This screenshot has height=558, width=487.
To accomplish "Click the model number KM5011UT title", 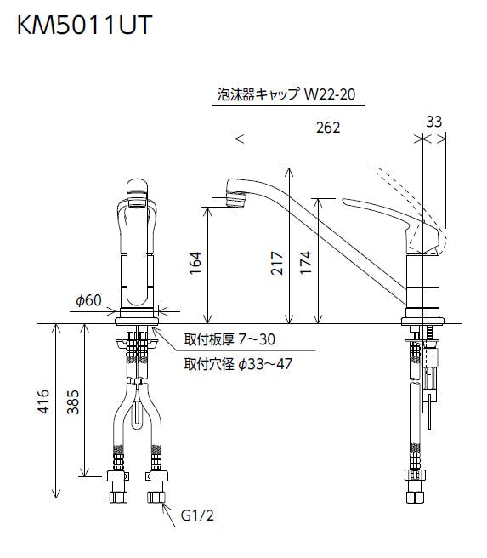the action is coord(85,25).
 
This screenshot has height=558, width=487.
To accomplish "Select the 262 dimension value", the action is coord(328,128).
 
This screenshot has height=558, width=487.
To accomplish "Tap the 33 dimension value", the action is coord(433,122).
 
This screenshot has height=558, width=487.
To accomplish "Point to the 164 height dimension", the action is coord(195,263).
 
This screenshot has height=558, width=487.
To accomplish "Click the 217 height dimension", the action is coord(277,263).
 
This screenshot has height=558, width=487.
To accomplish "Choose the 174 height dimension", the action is coord(306,263).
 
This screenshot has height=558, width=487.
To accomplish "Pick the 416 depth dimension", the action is coord(43,401).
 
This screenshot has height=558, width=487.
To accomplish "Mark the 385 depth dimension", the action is coord(73,402).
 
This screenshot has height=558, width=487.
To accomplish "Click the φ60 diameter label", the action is coord(89,300).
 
